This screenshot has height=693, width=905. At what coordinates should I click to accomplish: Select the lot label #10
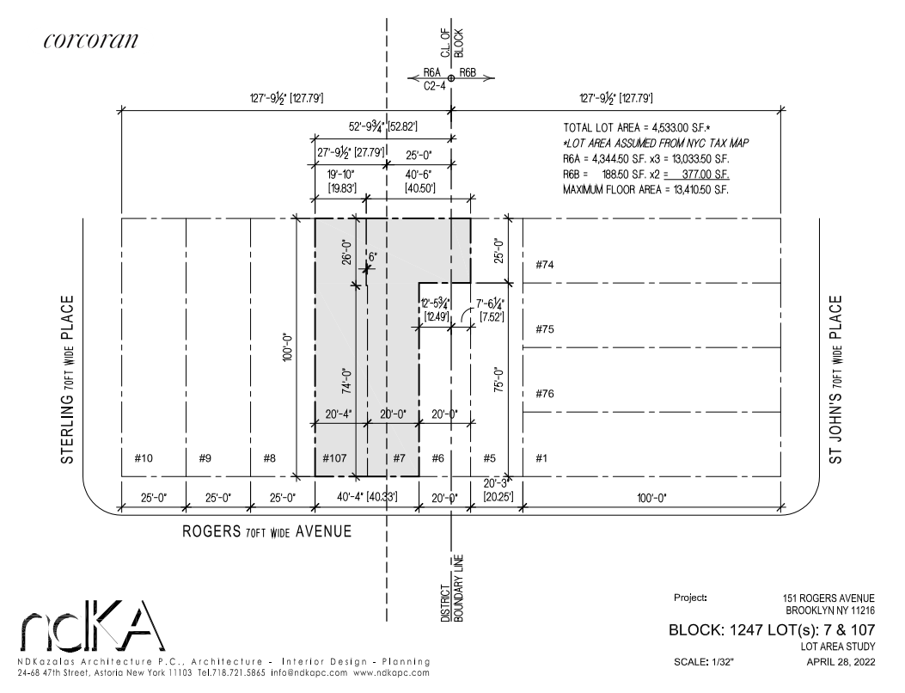tap(144, 457)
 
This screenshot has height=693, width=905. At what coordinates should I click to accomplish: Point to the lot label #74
tap(544, 265)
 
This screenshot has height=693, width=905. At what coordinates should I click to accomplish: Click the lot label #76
tap(544, 394)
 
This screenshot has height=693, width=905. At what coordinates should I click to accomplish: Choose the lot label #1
tap(541, 457)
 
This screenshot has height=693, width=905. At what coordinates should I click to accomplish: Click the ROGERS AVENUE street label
tap(267, 531)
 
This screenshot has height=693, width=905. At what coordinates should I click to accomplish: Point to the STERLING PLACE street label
tap(67, 381)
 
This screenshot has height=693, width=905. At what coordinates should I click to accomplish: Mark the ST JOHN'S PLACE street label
tap(836, 379)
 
